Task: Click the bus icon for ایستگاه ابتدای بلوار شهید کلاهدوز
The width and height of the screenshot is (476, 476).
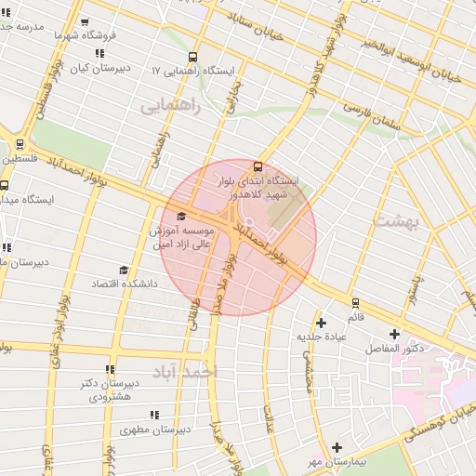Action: coord(258,166)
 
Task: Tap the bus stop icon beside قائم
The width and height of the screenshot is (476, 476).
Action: coord(355,302)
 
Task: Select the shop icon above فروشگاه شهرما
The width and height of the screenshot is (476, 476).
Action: coord(85,22)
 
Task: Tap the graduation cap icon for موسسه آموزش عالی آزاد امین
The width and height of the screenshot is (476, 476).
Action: coord(180,216)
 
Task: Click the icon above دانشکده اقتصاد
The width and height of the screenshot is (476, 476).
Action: coord(124,270)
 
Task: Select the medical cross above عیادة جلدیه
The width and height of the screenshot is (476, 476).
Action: coord(322,323)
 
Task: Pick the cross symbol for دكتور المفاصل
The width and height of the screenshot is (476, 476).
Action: coord(394,334)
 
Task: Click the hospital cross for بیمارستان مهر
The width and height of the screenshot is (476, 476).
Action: coord(337,447)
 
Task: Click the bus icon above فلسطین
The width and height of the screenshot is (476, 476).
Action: coord(20,145)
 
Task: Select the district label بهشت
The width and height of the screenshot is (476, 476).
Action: coord(398,221)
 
